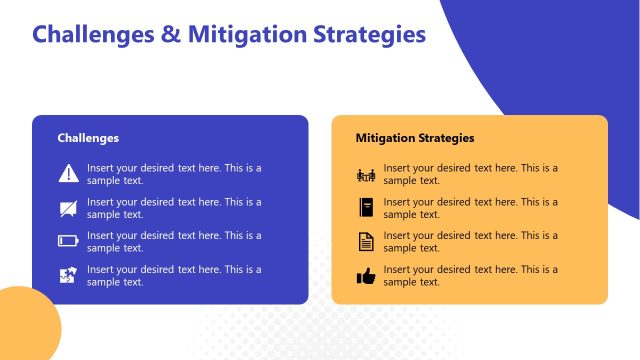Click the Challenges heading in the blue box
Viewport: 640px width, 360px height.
pyautogui.click(x=88, y=138)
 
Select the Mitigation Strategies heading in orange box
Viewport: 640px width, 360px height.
pyautogui.click(x=415, y=138)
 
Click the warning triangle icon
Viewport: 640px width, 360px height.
pyautogui.click(x=68, y=173)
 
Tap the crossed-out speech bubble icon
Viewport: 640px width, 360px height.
pyautogui.click(x=68, y=208)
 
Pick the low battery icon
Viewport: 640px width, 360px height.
pyautogui.click(x=68, y=241)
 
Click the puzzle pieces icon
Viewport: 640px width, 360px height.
pyautogui.click(x=68, y=275)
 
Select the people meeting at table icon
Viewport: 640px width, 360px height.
pyautogui.click(x=365, y=175)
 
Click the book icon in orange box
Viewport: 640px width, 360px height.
pyautogui.click(x=365, y=208)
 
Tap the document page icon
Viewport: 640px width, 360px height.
pyautogui.click(x=365, y=241)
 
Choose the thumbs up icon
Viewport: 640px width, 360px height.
pyautogui.click(x=365, y=276)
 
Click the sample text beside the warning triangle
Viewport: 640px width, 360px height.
pyautogui.click(x=174, y=174)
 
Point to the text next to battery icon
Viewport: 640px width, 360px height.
pyautogui.click(x=174, y=241)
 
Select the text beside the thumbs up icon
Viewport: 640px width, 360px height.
pyautogui.click(x=470, y=276)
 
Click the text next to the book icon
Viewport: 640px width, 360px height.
pyautogui.click(x=470, y=208)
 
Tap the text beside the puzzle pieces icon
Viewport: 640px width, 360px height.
pyautogui.click(x=174, y=275)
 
